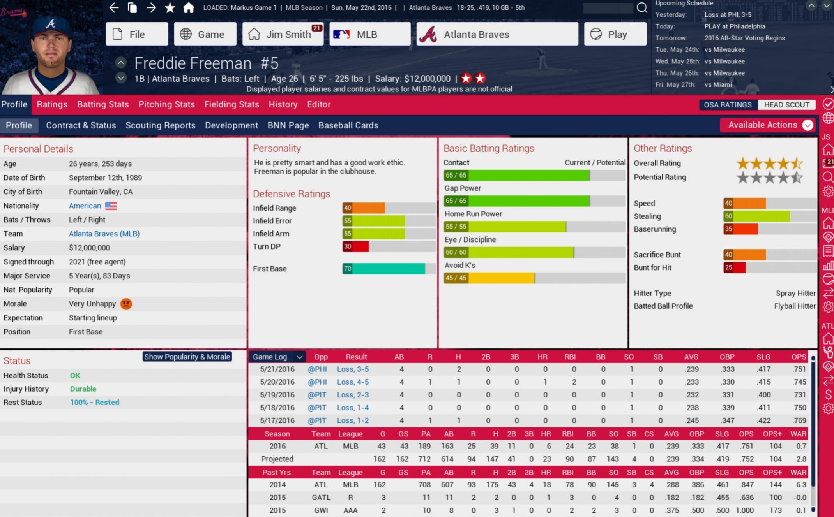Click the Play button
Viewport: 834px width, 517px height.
pyautogui.click(x=615, y=34)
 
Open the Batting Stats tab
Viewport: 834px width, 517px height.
pyautogui.click(x=103, y=104)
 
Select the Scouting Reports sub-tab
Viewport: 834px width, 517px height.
pyautogui.click(x=160, y=125)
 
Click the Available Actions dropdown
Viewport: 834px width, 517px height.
pyautogui.click(x=767, y=125)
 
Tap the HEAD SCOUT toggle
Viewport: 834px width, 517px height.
pyautogui.click(x=786, y=105)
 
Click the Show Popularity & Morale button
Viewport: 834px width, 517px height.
pyautogui.click(x=187, y=357)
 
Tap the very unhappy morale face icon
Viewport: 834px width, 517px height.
pyautogui.click(x=126, y=304)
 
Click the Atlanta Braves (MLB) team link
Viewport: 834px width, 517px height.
pyautogui.click(x=104, y=234)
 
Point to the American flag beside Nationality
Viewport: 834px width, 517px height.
pyautogui.click(x=111, y=206)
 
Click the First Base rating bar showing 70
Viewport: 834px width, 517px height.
pyautogui.click(x=383, y=269)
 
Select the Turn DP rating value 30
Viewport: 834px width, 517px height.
pyautogui.click(x=347, y=246)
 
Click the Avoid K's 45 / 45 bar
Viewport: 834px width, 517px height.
pyautogui.click(x=489, y=278)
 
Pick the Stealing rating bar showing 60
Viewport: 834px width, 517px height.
pyautogui.click(x=756, y=216)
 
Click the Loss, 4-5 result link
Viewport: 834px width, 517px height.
pyautogui.click(x=353, y=382)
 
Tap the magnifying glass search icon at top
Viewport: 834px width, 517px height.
pyautogui.click(x=642, y=8)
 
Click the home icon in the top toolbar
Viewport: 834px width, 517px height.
pyautogui.click(x=189, y=8)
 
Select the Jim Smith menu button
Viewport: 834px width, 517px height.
pyautogui.click(x=283, y=34)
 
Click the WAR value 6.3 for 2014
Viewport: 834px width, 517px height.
pyautogui.click(x=801, y=485)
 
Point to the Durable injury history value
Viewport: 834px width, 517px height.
pyautogui.click(x=83, y=389)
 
